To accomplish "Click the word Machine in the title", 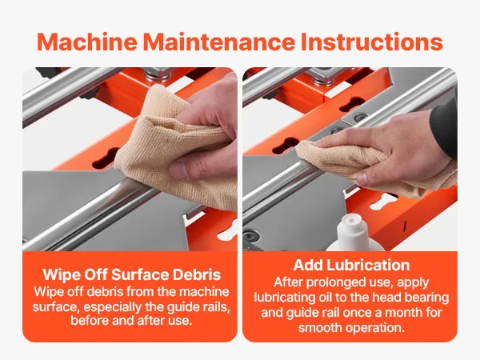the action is (87, 42).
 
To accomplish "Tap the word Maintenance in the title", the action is (219, 42).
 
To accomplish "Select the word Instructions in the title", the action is (372, 42).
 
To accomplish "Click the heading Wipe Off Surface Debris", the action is (132, 274).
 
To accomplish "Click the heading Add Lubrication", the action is (351, 265).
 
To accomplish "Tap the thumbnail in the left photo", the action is (182, 170).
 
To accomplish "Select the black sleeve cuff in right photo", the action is (444, 128).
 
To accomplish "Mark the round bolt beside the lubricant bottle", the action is (251, 236).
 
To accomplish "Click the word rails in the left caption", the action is (217, 307).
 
